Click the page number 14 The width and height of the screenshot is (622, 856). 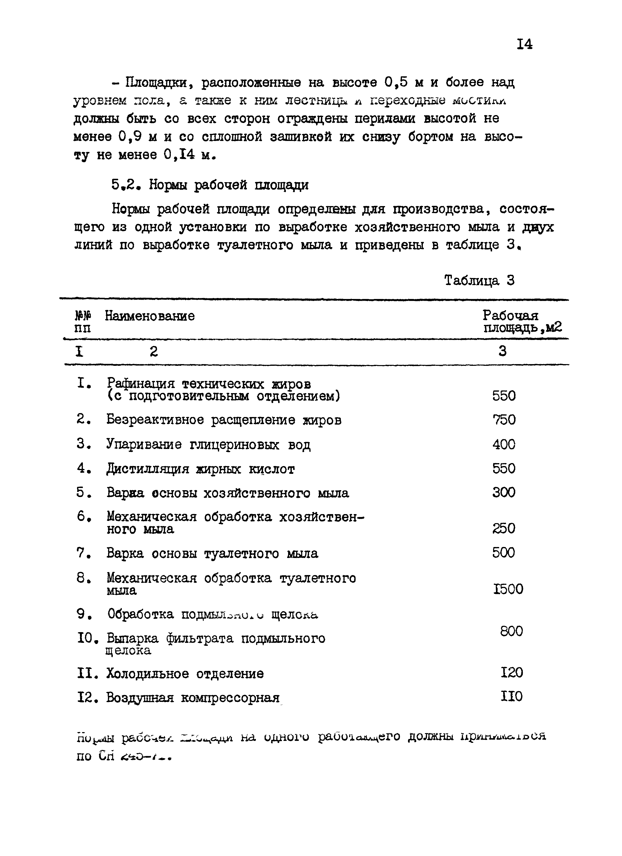524,45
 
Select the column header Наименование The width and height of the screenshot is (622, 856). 150,316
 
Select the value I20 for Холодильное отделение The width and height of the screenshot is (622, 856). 512,673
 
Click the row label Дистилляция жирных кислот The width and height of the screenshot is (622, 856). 200,469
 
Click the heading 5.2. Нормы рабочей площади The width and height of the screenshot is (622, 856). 210,185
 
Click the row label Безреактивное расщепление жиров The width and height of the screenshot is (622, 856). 224,420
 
